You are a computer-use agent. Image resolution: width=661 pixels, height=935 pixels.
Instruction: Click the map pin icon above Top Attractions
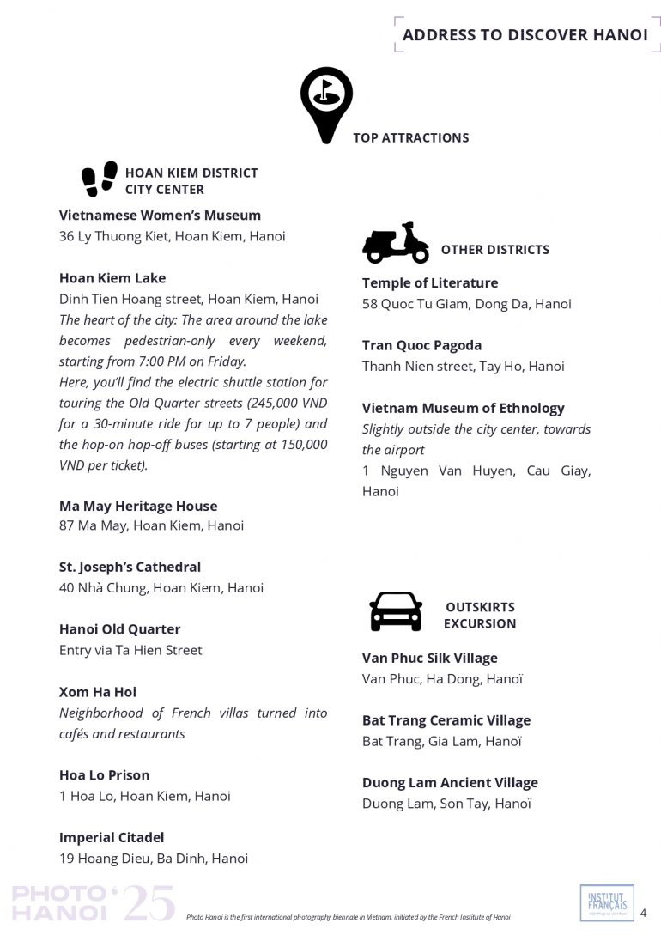[326, 104]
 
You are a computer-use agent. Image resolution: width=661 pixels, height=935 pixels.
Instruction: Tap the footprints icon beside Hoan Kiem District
[100, 179]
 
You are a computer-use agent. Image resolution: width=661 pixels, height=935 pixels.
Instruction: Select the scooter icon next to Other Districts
[395, 244]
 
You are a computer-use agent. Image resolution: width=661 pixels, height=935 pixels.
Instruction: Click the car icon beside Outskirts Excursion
[396, 611]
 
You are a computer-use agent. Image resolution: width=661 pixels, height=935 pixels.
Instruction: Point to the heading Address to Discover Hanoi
[525, 35]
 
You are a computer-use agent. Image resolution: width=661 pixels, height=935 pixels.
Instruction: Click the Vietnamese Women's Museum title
[160, 216]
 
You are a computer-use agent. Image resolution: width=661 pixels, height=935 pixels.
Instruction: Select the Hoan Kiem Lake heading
[112, 278]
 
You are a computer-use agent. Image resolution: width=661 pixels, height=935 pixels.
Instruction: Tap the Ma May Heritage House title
[138, 506]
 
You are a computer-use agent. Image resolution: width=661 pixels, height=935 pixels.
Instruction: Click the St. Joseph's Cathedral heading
[130, 567]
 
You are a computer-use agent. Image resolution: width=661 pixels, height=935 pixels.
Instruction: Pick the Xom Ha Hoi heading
[98, 692]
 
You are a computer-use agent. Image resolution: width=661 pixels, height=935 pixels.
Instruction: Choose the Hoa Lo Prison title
[105, 775]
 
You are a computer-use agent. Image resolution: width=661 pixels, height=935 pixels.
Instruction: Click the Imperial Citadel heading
[112, 837]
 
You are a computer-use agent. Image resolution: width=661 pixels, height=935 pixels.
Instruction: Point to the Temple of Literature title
[430, 282]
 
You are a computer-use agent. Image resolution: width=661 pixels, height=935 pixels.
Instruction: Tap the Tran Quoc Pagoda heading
[421, 345]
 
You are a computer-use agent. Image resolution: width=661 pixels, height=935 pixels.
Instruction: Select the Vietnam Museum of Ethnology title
[464, 408]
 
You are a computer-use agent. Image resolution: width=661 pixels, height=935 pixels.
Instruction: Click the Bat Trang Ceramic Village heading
[446, 720]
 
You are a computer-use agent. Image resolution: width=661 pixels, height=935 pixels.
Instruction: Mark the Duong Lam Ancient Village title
[450, 782]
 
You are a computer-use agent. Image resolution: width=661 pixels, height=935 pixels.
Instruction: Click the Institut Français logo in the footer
[607, 902]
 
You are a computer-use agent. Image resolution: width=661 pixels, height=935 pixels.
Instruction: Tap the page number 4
[644, 913]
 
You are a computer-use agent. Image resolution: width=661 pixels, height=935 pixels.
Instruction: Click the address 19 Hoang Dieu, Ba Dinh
[154, 858]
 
